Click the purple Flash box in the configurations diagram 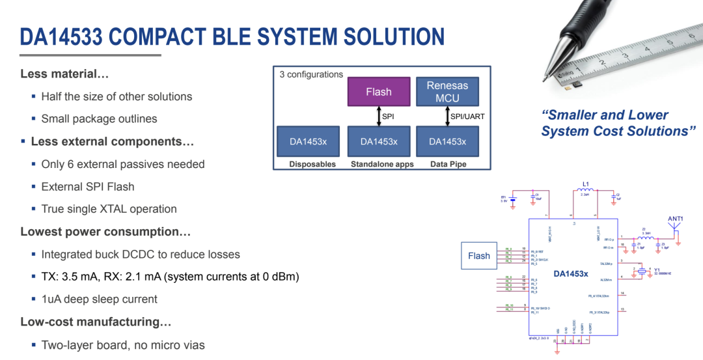point(378,92)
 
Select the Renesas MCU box point(447,92)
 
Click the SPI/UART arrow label point(469,117)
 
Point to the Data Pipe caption point(448,164)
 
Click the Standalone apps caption point(382,164)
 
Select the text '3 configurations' point(311,74)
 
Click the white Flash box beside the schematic point(478,256)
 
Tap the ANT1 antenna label point(675,219)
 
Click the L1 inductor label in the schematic point(585,185)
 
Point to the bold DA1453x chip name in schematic point(571,274)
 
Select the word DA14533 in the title point(61,36)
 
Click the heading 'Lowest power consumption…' point(105,232)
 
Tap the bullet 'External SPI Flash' point(87,187)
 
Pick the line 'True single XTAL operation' point(109,209)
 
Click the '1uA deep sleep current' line point(99,299)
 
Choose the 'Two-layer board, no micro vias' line point(122,344)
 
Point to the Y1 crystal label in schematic point(657,270)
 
